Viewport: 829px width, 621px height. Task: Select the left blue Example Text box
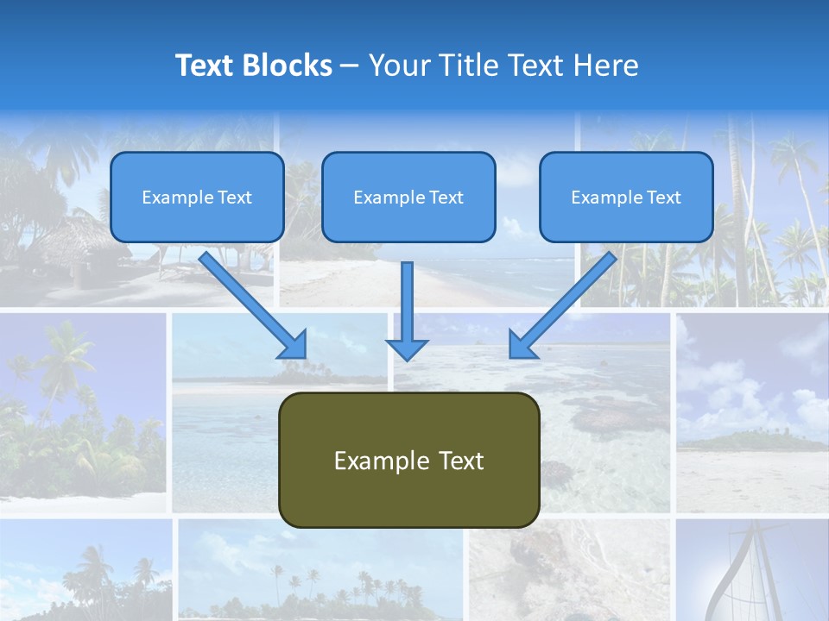(x=197, y=197)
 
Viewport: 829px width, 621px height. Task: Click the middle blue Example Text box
(x=408, y=197)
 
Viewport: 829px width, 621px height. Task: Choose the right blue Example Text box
(x=626, y=197)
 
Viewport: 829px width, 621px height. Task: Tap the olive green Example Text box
(x=408, y=460)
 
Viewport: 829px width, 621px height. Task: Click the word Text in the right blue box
(x=663, y=198)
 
